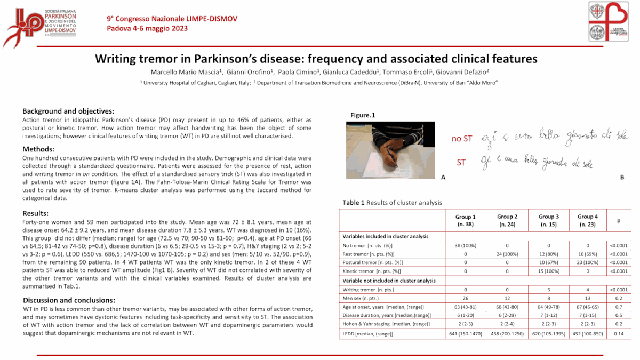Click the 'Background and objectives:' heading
68,111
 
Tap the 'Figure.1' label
363,115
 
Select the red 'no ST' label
461,139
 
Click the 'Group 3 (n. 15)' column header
549,220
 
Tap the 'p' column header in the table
618,220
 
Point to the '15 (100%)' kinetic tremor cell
549,271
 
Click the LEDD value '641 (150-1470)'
465,334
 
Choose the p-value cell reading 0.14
618,334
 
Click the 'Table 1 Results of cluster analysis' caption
392,203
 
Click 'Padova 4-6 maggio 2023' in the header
147,28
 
